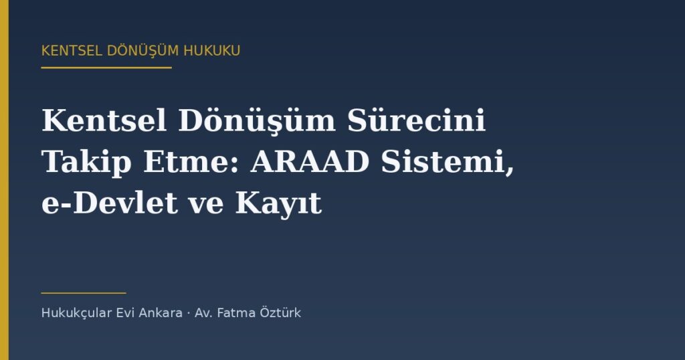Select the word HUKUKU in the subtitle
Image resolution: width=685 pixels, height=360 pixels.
point(212,51)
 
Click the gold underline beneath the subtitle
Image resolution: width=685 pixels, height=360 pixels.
point(106,68)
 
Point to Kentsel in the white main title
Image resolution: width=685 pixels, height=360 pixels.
point(104,120)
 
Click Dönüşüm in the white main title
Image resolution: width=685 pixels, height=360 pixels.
point(257,120)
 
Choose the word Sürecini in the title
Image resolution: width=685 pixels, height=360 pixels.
point(417,120)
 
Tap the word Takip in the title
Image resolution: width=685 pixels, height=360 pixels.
point(86,163)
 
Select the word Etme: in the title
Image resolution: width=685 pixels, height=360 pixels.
point(191,162)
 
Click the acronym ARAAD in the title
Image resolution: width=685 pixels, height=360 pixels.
point(310,162)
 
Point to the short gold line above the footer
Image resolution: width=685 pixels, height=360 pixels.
point(84,292)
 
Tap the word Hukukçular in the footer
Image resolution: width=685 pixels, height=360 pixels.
point(76,313)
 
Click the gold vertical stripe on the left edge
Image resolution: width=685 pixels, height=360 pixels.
point(5,180)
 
